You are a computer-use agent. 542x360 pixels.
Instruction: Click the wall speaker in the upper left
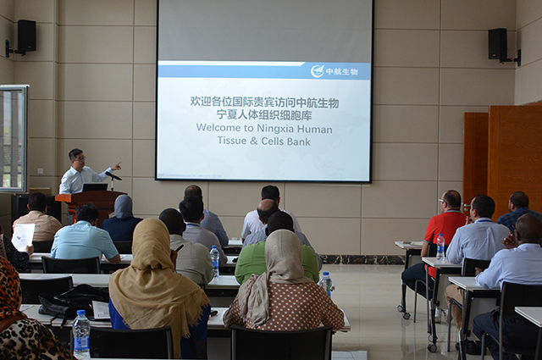click(x=26, y=36)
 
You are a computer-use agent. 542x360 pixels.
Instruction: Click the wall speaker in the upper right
click(x=497, y=43)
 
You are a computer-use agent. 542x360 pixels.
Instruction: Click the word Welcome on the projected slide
click(x=218, y=128)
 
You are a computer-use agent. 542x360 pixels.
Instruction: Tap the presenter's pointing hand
click(x=117, y=166)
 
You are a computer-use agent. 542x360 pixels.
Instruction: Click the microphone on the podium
click(x=113, y=176)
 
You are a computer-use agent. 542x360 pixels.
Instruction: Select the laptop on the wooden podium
click(x=94, y=187)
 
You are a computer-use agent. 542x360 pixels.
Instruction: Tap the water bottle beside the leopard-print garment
click(x=81, y=334)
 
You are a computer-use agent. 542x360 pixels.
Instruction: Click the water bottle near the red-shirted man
click(x=440, y=246)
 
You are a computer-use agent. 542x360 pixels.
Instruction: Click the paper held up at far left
click(x=23, y=236)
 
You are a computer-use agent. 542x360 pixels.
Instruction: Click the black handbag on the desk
click(x=75, y=300)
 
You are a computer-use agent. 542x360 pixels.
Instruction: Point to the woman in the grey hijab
click(x=122, y=219)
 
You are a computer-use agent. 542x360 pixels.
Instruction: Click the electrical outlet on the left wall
click(x=41, y=171)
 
